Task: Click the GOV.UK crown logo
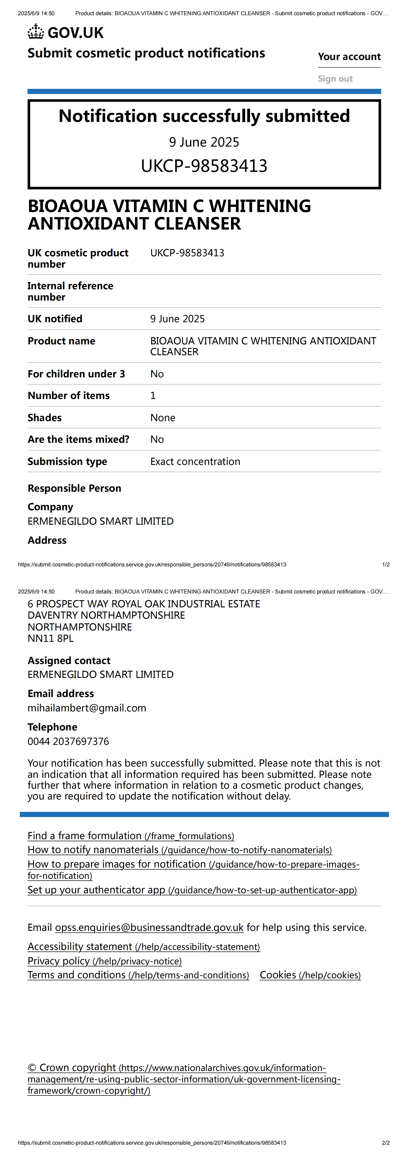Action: pos(36,32)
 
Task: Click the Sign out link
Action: pos(335,79)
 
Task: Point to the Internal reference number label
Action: pos(70,292)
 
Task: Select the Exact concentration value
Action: pos(195,462)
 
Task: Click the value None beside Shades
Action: pos(163,418)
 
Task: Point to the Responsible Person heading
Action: pos(74,488)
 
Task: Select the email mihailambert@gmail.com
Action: pos(87,708)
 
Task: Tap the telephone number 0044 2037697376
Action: pos(68,741)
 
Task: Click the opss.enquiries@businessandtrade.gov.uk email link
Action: pos(149,928)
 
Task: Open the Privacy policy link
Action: pos(104,961)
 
